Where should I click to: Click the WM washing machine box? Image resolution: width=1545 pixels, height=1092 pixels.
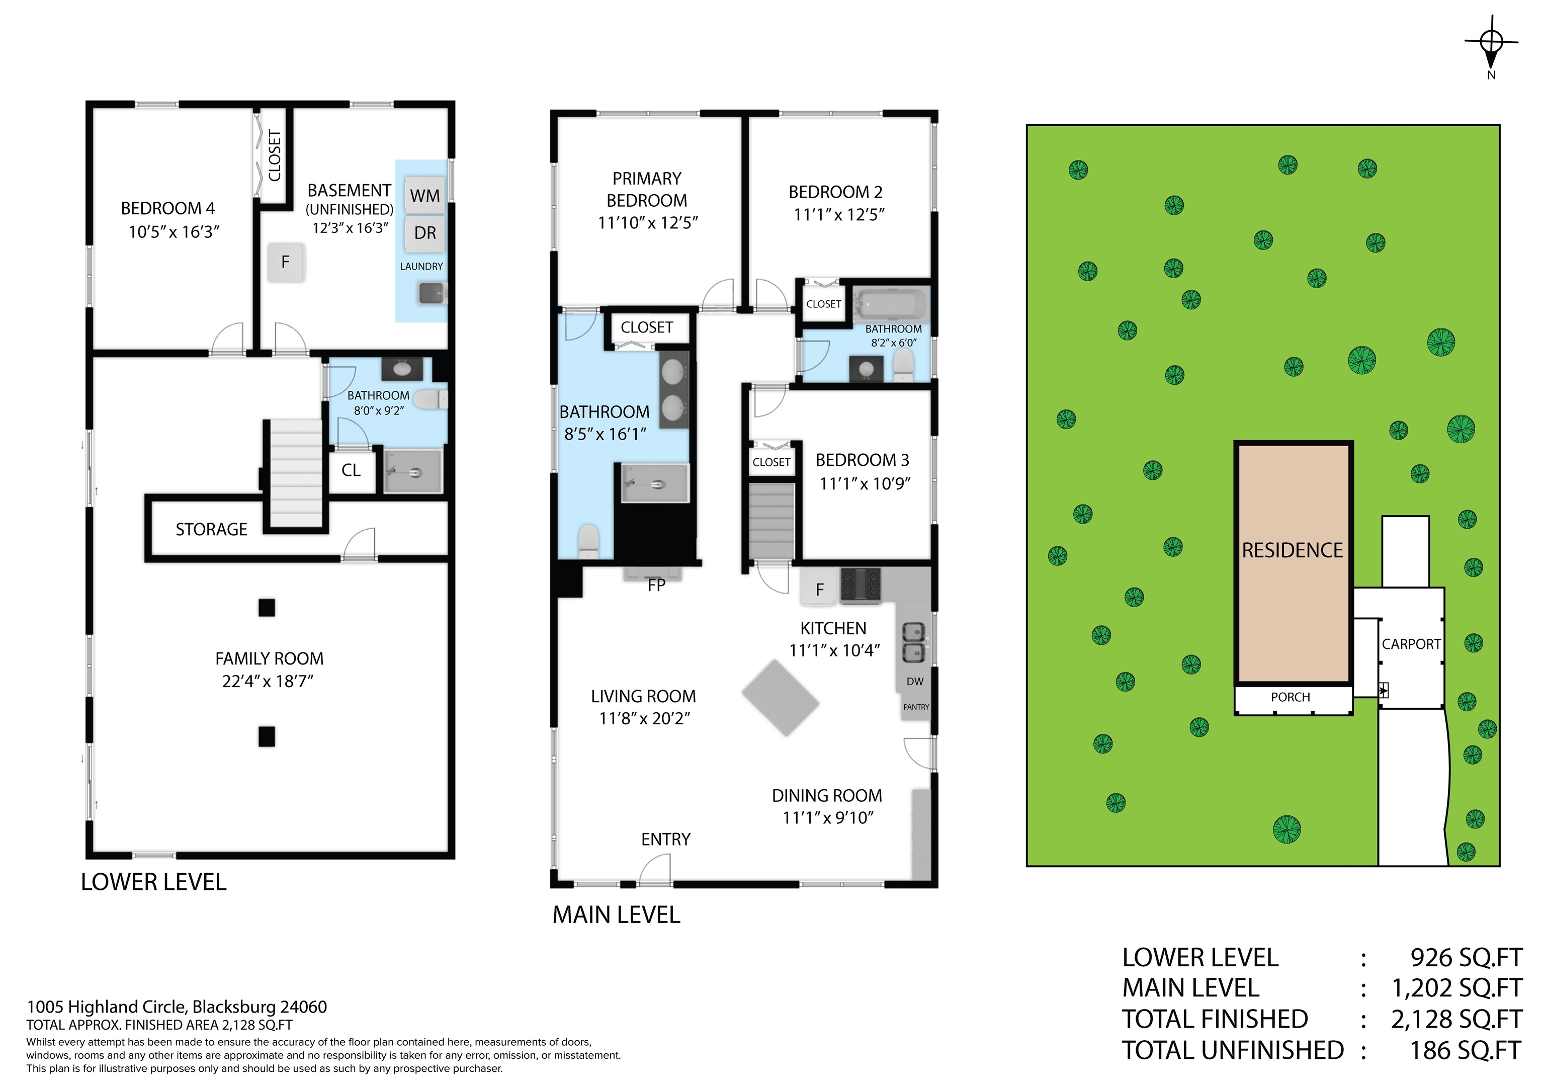click(x=424, y=196)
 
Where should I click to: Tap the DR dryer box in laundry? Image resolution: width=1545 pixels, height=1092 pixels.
click(x=424, y=233)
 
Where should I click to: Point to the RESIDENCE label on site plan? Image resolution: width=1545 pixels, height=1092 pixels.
click(x=1292, y=550)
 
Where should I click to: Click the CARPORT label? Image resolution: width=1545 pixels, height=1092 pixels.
click(x=1411, y=644)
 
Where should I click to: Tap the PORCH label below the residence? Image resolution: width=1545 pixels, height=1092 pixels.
click(x=1290, y=697)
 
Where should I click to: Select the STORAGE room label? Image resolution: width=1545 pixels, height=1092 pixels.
click(x=211, y=530)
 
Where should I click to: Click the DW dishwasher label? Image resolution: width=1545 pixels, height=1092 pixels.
click(x=914, y=681)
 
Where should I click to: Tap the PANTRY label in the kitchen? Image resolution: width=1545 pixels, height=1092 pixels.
click(x=916, y=707)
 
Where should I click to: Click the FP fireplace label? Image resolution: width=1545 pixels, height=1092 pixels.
click(x=656, y=585)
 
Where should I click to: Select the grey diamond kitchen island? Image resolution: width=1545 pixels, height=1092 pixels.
click(x=781, y=698)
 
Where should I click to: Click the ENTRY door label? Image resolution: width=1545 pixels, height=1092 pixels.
click(x=665, y=839)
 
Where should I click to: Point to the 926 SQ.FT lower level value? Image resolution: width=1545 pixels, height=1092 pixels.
click(x=1466, y=957)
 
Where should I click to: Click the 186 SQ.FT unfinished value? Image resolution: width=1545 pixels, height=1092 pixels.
click(x=1466, y=1050)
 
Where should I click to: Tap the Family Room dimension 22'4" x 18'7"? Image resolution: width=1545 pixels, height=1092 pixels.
click(x=268, y=682)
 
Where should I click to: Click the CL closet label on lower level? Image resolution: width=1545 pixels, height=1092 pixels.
click(x=351, y=470)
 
